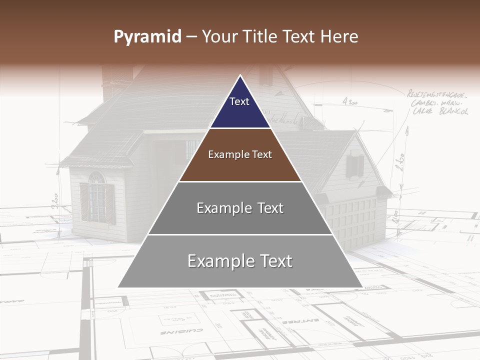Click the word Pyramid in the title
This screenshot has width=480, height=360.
click(147, 37)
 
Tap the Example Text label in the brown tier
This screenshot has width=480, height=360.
click(240, 154)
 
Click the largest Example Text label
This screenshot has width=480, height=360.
click(240, 261)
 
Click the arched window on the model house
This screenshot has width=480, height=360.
click(96, 195)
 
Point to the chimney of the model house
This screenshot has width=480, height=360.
click(117, 80)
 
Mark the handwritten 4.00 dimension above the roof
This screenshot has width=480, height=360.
click(350, 101)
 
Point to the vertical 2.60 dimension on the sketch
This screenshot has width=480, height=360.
click(400, 162)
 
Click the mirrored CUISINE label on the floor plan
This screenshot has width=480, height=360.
click(181, 331)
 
